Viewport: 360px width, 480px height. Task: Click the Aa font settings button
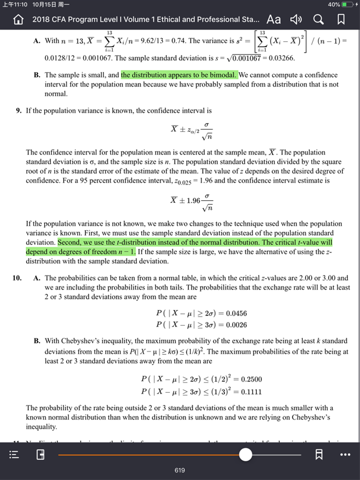(273, 19)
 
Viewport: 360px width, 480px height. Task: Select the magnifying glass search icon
(318, 19)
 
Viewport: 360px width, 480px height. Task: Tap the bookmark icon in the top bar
(341, 19)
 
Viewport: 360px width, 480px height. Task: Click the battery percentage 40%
(334, 4)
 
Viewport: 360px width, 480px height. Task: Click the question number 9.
(18, 111)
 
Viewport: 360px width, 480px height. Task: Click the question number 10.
(17, 278)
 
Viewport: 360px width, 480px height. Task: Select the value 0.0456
(236, 314)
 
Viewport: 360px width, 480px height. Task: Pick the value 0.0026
(236, 325)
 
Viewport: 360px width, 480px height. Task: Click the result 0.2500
(251, 379)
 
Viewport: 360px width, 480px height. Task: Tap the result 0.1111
(251, 391)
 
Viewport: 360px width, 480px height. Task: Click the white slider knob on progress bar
(245, 455)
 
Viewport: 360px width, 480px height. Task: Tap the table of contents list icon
(14, 455)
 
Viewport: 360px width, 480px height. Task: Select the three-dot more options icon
(345, 455)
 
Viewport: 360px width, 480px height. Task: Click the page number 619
(180, 470)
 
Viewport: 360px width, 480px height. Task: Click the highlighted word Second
(69, 242)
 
